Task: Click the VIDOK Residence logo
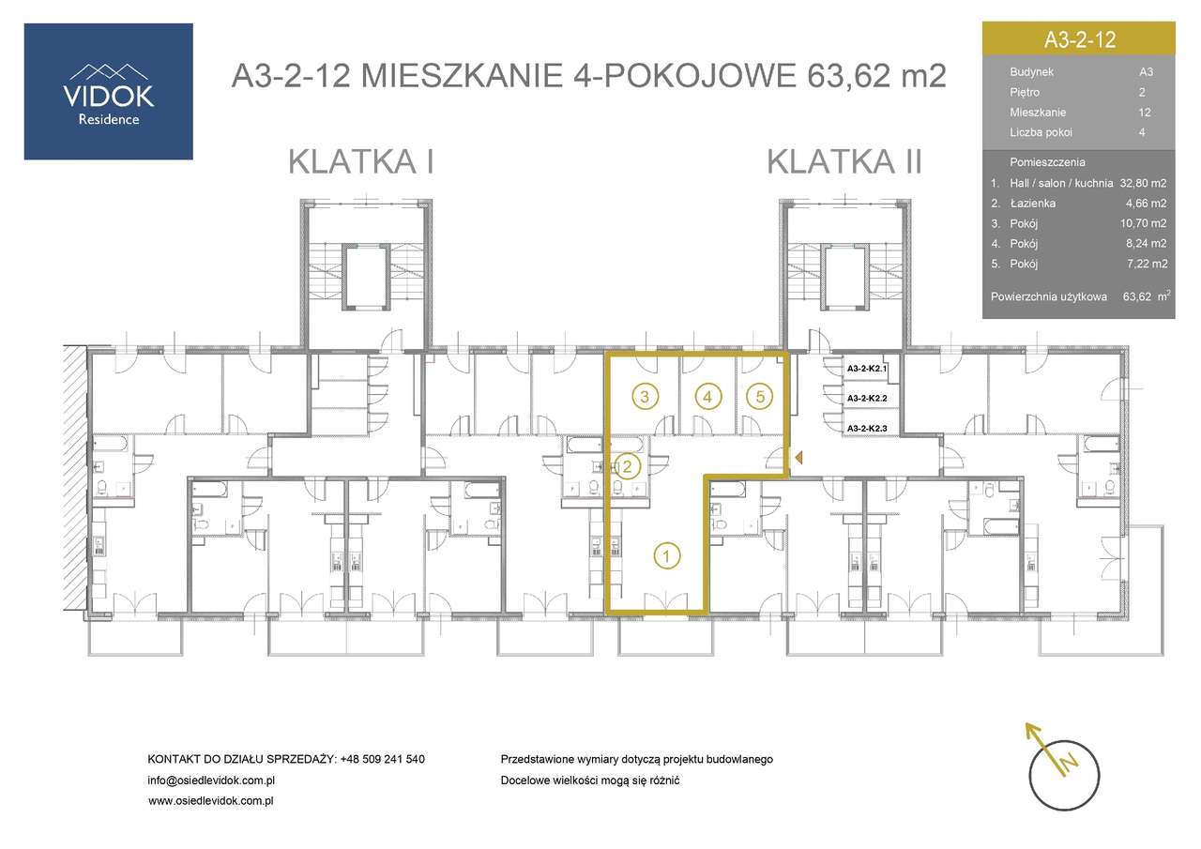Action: click(108, 91)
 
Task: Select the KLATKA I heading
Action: click(361, 161)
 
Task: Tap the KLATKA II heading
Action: click(844, 161)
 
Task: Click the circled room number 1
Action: click(665, 555)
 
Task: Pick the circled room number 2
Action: click(628, 465)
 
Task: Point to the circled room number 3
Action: click(643, 396)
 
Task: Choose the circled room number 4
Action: click(708, 396)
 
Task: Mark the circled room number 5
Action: click(761, 396)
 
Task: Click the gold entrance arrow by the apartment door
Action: click(798, 458)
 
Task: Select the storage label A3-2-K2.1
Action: click(873, 370)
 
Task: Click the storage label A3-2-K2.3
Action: click(873, 428)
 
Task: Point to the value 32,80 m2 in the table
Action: click(1143, 184)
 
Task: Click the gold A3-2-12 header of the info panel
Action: click(1078, 39)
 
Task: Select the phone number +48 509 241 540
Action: click(382, 759)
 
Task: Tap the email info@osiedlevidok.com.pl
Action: click(210, 781)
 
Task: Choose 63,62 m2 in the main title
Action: click(874, 75)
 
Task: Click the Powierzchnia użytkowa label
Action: click(1050, 296)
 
